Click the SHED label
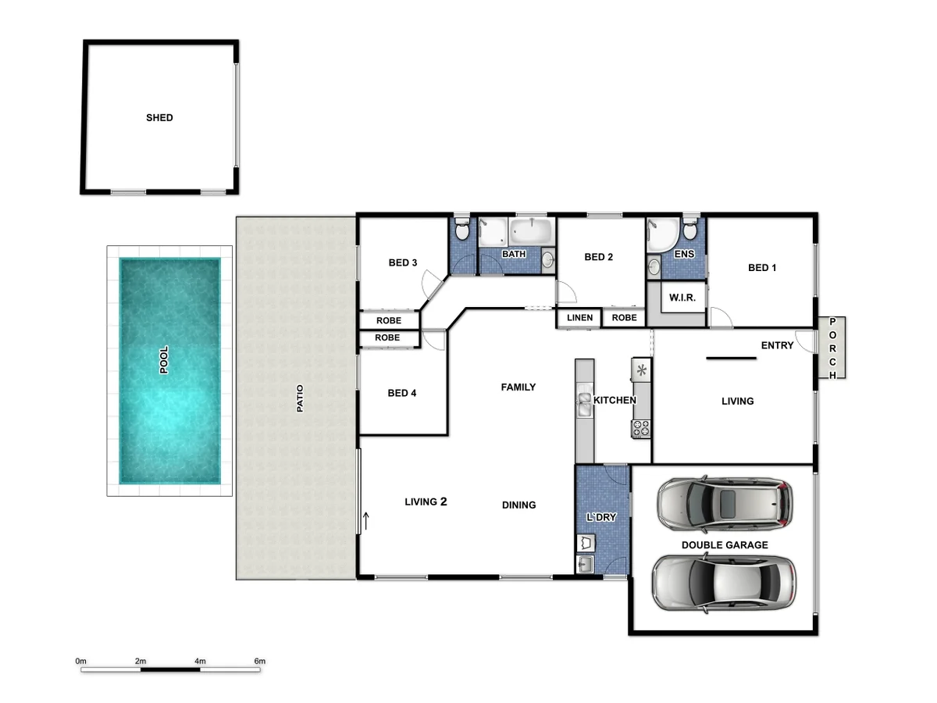[x=159, y=118]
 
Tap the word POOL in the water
[x=164, y=360]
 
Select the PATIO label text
[x=299, y=398]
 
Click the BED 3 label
[x=403, y=262]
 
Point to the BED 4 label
[x=402, y=393]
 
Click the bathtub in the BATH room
[x=531, y=232]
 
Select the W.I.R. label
[x=678, y=298]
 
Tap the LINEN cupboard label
[x=579, y=318]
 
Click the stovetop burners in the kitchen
[x=640, y=428]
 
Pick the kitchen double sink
[x=584, y=402]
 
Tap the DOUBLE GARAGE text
[x=725, y=545]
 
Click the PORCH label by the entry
[x=833, y=348]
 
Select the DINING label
[x=518, y=505]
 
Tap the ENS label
[x=684, y=254]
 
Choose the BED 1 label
[x=762, y=268]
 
